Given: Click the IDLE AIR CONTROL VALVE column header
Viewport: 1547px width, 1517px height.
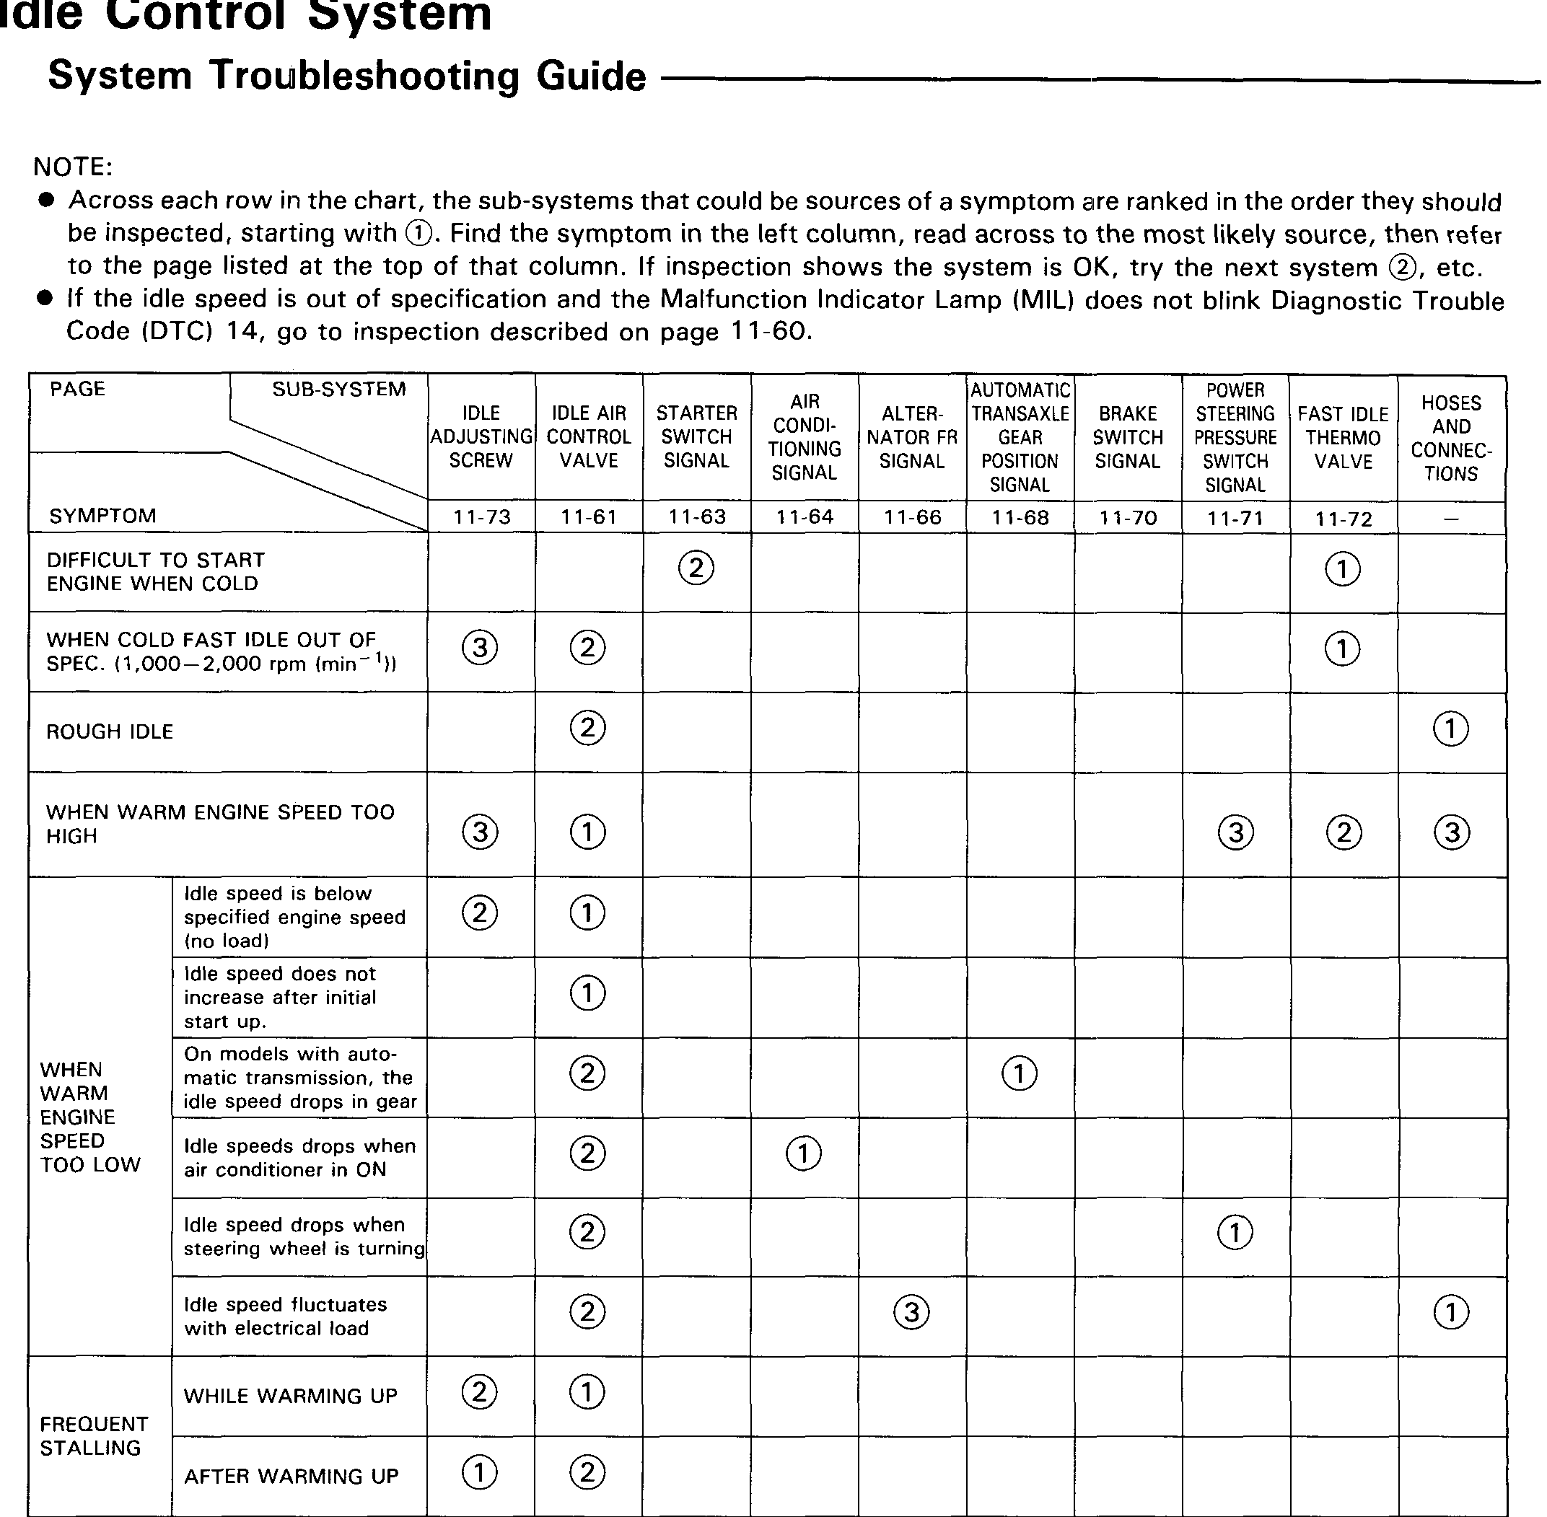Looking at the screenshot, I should point(589,436).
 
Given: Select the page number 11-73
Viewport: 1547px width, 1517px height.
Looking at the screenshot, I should point(481,517).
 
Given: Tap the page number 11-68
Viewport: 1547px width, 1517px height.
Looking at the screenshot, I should point(1020,517).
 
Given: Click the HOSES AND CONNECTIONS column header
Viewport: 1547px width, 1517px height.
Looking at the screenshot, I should point(1451,438).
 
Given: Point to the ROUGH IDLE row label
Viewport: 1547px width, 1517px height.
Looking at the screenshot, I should point(110,731).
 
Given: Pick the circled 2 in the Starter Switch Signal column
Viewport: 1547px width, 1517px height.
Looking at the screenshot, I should point(696,568).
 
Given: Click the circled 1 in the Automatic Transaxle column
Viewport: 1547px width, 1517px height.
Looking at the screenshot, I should point(1020,1073).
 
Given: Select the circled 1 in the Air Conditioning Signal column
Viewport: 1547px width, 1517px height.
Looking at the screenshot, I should point(803,1153).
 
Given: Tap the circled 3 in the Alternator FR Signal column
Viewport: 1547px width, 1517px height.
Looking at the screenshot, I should point(912,1311).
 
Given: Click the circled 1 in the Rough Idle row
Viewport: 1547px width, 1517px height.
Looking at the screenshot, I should point(1450,729).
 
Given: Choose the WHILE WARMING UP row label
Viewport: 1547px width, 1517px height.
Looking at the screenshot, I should point(290,1396).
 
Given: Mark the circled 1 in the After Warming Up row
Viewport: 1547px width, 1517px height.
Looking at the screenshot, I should point(480,1472).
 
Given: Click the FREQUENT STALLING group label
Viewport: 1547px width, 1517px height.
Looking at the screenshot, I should point(94,1435).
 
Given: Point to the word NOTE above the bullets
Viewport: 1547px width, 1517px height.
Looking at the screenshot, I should point(73,167).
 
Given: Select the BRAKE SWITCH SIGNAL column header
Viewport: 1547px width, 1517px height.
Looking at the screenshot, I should point(1128,437).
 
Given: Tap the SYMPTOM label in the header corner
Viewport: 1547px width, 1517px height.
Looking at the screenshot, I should point(102,516).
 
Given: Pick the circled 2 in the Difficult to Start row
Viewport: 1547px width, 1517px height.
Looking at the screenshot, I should point(696,568).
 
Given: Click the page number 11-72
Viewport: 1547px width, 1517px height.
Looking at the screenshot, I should point(1344,519).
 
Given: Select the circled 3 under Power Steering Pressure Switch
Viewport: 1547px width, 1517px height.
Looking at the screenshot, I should point(1235,832).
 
